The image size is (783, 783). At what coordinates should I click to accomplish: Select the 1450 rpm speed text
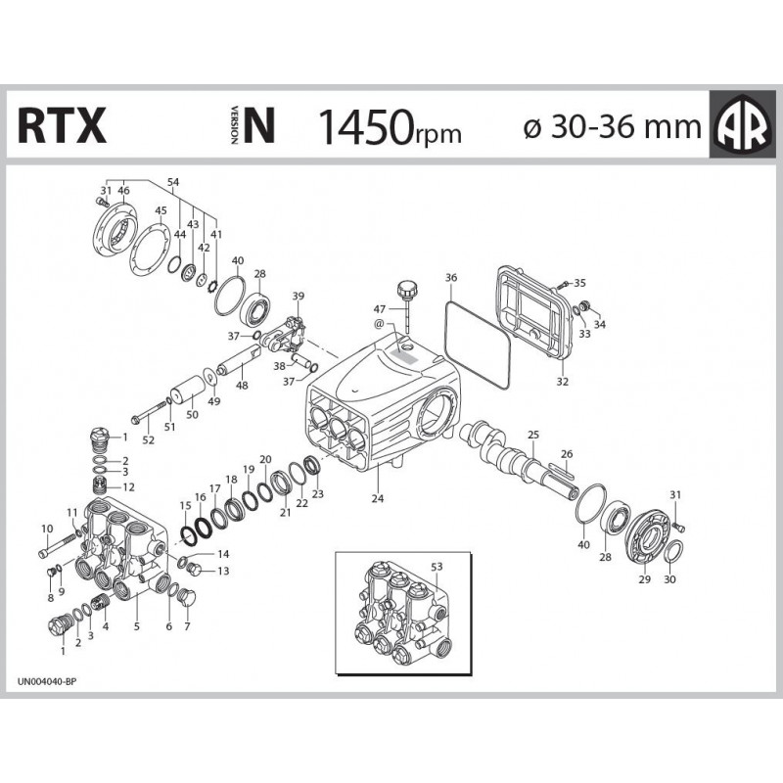[x=389, y=126]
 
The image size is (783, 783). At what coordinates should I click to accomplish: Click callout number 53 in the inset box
[x=437, y=566]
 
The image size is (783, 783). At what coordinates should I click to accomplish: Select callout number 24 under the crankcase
[x=378, y=498]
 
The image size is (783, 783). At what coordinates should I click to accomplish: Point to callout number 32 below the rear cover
[x=562, y=382]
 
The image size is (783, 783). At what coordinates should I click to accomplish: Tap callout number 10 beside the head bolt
[x=46, y=529]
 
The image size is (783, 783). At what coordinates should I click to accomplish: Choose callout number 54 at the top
[x=173, y=183]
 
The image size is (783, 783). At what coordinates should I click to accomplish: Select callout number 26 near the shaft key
[x=563, y=453]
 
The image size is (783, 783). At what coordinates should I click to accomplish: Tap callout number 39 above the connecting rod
[x=299, y=296]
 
